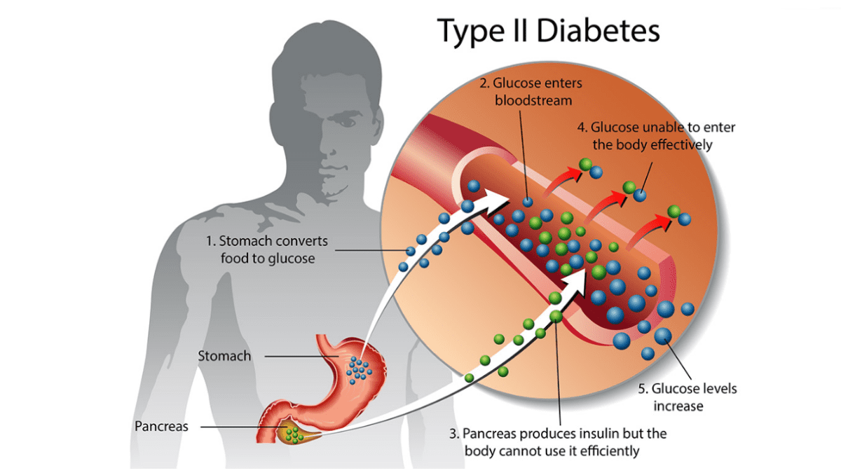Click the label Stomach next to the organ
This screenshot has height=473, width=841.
click(x=224, y=356)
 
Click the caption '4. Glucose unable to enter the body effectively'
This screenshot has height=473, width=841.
click(x=655, y=137)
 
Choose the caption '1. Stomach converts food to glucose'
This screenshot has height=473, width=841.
click(x=266, y=249)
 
